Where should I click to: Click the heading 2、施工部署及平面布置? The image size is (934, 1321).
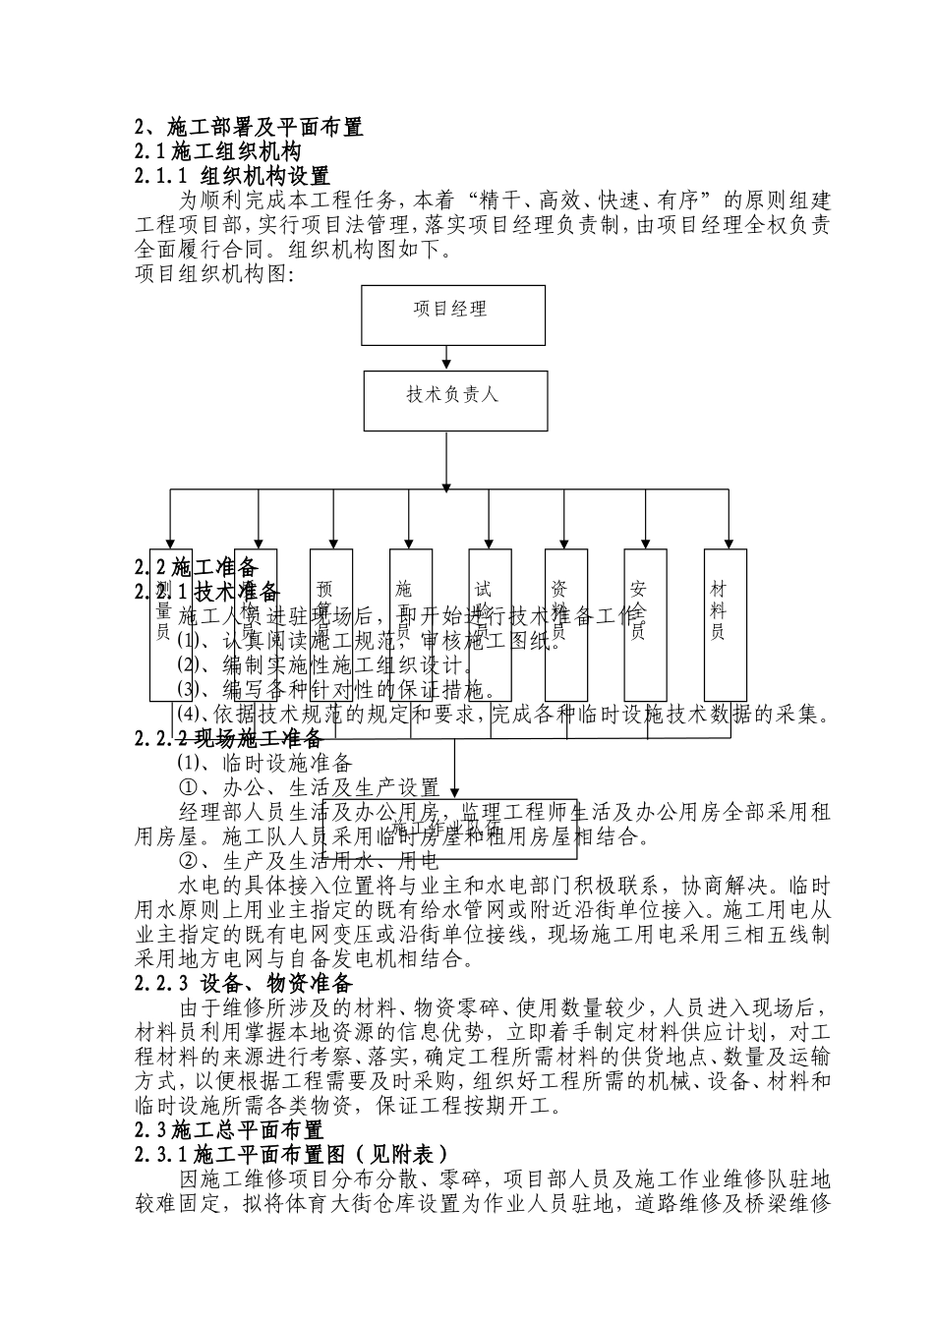pyautogui.click(x=249, y=127)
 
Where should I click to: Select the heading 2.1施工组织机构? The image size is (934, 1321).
pyautogui.click(x=218, y=152)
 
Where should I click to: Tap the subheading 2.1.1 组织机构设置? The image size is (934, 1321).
pyautogui.click(x=232, y=177)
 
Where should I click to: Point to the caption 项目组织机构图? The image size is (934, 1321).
pyautogui.click(x=214, y=274)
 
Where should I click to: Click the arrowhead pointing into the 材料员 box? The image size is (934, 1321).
pyautogui.click(x=729, y=543)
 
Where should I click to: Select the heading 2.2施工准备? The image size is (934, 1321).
pyautogui.click(x=196, y=567)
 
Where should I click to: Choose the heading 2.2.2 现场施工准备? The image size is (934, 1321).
pyautogui.click(x=228, y=737)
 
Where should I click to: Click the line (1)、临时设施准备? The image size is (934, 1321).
pyautogui.click(x=264, y=762)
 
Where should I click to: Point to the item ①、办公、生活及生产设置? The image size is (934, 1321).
pyautogui.click(x=309, y=787)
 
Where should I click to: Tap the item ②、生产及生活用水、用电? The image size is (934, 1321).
pyautogui.click(x=308, y=863)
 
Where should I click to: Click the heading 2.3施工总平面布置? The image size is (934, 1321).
pyautogui.click(x=228, y=1129)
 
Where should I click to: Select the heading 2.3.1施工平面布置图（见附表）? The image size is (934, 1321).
pyautogui.click(x=291, y=1154)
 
